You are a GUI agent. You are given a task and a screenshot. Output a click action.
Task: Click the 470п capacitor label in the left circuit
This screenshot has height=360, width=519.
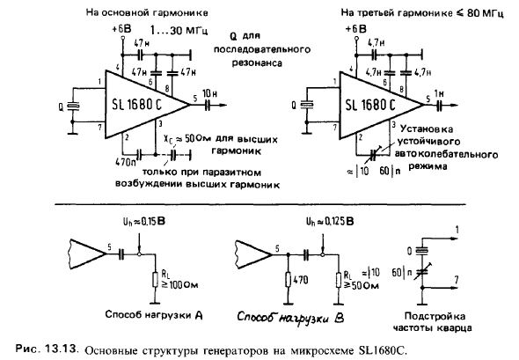click(x=126, y=162)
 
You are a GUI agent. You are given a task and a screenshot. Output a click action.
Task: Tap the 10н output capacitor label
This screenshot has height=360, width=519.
click(x=210, y=93)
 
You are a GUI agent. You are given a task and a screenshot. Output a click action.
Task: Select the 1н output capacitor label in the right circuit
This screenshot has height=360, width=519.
click(x=439, y=93)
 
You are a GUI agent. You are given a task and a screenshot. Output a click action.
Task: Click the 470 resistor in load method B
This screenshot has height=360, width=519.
click(x=289, y=280)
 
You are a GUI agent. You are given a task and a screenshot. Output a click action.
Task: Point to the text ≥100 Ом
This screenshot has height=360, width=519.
click(x=179, y=284)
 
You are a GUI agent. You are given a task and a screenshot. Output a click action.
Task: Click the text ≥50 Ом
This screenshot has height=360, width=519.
click(x=362, y=285)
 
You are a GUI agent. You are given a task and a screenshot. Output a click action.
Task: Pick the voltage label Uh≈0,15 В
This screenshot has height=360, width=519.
click(x=144, y=221)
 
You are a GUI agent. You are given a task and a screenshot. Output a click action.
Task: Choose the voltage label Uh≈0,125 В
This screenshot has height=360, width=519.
click(x=330, y=221)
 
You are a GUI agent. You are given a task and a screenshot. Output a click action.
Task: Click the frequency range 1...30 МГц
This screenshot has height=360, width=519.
click(x=179, y=31)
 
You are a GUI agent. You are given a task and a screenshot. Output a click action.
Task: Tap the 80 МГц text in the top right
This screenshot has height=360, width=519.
click(x=486, y=13)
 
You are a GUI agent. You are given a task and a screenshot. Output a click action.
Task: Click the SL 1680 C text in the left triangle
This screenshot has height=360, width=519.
click(x=136, y=105)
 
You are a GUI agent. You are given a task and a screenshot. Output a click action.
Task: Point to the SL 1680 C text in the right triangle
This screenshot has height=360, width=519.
click(x=370, y=105)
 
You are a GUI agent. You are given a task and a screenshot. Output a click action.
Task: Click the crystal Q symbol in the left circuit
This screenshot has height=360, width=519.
click(x=73, y=106)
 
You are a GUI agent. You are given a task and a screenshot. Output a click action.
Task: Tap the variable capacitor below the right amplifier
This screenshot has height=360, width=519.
click(x=373, y=153)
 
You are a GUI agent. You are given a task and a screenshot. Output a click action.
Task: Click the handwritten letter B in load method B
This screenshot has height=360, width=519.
click(x=339, y=318)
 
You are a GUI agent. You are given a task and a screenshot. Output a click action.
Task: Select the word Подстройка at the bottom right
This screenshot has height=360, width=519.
click(x=435, y=317)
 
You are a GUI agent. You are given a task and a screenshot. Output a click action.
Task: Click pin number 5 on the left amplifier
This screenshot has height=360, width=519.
click(x=195, y=99)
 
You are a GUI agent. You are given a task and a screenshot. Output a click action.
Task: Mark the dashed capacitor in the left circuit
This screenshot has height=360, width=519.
click(x=173, y=154)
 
